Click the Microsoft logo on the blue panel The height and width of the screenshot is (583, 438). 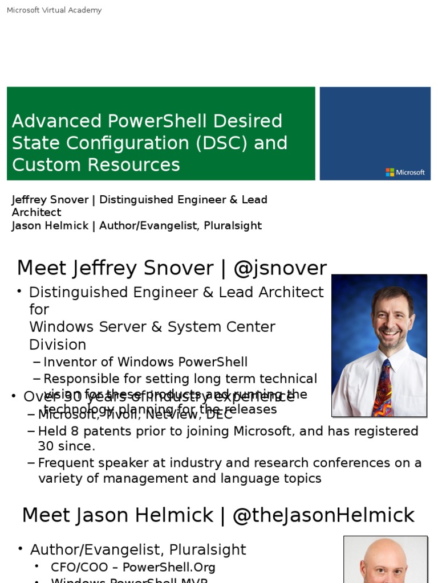click(x=405, y=172)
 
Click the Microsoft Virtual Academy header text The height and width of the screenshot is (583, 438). click(x=54, y=10)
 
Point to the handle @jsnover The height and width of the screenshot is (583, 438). click(x=280, y=268)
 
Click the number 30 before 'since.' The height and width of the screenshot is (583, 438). click(x=46, y=446)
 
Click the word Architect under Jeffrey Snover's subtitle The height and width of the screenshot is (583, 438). click(x=36, y=212)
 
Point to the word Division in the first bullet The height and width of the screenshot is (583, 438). click(x=58, y=344)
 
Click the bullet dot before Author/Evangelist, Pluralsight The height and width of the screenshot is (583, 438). click(x=21, y=549)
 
